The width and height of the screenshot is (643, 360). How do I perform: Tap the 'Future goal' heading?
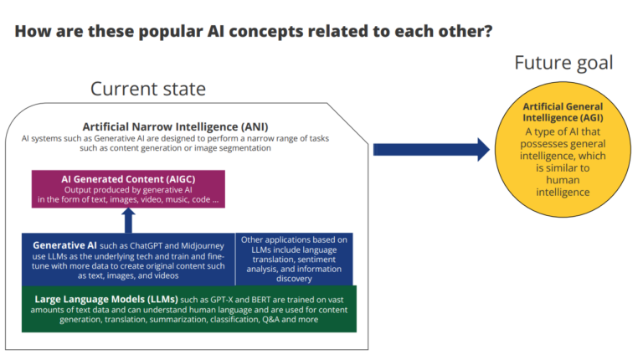pos(563,63)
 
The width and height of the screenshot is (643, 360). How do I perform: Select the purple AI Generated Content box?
pos(128,189)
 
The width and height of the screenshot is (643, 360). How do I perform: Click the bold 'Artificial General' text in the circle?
pos(563,107)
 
